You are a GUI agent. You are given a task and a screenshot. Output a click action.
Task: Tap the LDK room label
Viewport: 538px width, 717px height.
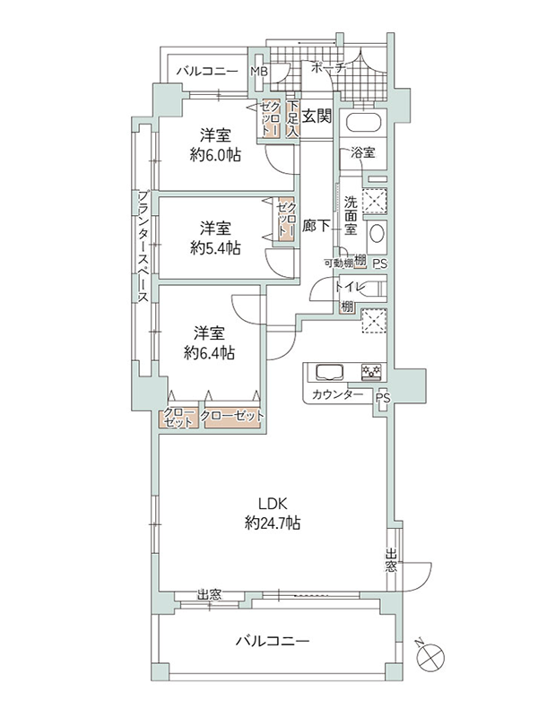273,504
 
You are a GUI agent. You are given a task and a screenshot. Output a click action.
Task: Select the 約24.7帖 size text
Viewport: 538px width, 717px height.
273,523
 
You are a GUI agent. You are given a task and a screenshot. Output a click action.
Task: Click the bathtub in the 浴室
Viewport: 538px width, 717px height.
364,122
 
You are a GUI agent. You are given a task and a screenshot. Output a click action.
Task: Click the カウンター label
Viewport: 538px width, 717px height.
338,394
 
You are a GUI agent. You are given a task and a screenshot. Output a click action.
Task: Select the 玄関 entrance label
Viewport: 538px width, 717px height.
317,117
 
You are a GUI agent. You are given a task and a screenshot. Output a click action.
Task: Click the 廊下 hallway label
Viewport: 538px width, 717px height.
317,226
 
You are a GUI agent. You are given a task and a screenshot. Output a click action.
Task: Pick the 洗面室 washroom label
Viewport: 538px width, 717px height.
351,215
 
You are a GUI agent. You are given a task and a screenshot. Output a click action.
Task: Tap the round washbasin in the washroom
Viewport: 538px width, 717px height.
377,234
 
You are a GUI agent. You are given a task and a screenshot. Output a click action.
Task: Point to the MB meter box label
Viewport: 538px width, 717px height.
259,72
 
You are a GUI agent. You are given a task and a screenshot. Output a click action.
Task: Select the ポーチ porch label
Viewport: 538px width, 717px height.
327,68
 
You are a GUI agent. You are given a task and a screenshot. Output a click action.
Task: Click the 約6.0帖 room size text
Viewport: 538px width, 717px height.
215,155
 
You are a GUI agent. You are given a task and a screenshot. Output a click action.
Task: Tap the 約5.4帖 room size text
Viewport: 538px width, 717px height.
215,247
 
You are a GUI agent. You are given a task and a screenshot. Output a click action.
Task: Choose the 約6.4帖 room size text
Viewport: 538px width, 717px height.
209,352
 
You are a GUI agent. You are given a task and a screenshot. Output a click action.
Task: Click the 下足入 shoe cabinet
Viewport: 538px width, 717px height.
293,118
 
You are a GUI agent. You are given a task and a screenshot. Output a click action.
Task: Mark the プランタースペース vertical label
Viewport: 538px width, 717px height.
143,247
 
